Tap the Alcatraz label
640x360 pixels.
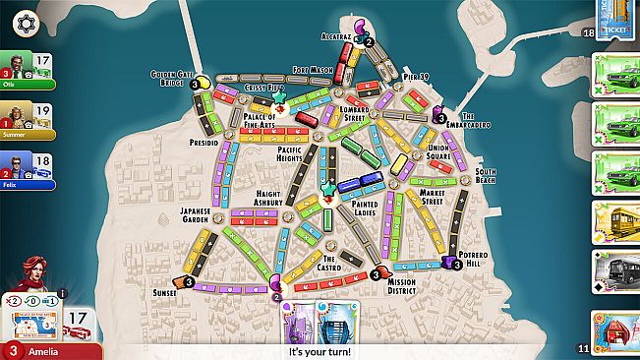coord(335,36)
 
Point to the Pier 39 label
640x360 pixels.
coord(415,76)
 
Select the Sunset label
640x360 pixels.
coord(164,292)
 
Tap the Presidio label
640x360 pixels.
coord(203,142)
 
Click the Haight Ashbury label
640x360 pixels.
coord(269,198)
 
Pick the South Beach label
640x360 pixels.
coord(485,176)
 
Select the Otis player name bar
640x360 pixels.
coord(27,85)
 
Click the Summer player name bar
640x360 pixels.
coord(27,134)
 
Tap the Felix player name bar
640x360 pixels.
coord(27,184)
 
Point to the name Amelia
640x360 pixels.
coord(44,351)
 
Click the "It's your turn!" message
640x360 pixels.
coord(320,351)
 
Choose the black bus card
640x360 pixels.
coord(615,271)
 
